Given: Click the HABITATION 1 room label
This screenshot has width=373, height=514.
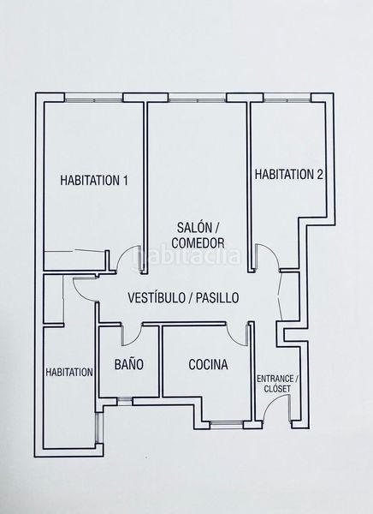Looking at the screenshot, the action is [94, 180].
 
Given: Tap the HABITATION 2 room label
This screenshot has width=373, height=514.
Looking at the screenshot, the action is [289, 174].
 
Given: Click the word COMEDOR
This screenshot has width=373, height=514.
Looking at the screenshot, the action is [198, 243].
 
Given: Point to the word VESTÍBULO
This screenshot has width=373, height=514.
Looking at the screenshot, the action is [157, 297].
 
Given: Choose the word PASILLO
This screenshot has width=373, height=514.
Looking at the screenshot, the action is [216, 297].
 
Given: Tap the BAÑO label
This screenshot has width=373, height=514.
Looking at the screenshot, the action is [128, 364].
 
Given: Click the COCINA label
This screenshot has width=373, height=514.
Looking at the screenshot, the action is [208, 365].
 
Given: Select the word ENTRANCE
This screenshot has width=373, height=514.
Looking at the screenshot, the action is [275, 379].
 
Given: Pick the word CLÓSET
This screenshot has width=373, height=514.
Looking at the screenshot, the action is [277, 389].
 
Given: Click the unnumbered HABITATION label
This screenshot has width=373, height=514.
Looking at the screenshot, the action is [69, 373].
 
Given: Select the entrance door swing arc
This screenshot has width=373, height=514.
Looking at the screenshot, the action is [272, 402].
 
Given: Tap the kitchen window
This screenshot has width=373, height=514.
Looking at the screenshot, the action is [227, 425].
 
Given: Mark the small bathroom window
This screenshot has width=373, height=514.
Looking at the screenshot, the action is [125, 401].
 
